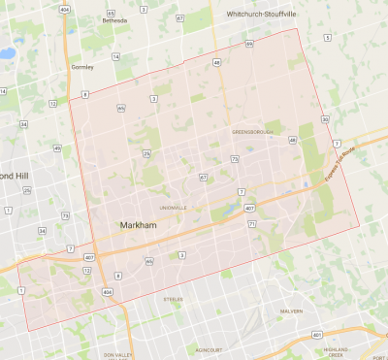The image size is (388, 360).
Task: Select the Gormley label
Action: [x=82, y=67]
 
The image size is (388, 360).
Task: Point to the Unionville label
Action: [x=174, y=207]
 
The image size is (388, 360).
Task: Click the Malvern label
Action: [x=291, y=311]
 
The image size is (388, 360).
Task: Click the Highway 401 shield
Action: [x=316, y=335]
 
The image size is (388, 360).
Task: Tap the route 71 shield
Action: [x=251, y=224]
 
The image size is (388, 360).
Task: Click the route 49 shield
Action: [x=57, y=148]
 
